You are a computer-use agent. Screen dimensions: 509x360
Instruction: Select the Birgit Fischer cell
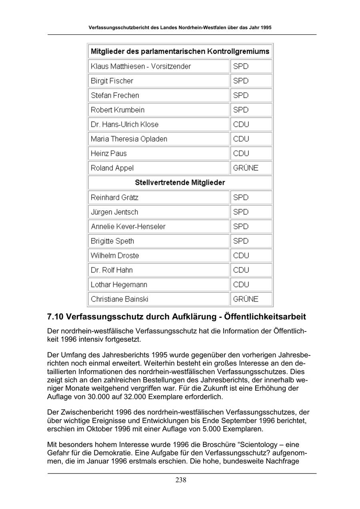(x=112, y=81)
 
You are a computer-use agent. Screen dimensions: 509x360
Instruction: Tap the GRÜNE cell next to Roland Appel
(x=246, y=168)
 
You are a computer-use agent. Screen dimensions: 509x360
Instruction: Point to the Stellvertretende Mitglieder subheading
(x=180, y=183)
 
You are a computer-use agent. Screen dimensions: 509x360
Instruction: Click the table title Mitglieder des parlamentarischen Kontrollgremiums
(x=180, y=52)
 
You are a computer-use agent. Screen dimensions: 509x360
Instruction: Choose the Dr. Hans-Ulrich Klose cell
(x=124, y=124)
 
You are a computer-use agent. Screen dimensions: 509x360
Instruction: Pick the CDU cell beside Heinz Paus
(x=241, y=154)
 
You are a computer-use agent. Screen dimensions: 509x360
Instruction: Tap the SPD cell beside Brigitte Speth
(x=241, y=241)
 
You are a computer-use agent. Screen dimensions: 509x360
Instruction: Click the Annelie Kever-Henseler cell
(x=128, y=227)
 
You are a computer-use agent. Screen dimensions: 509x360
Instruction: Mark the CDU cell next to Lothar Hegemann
(x=241, y=285)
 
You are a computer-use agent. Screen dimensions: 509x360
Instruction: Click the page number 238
(x=181, y=480)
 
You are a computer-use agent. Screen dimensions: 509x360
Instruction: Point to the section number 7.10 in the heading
(x=55, y=317)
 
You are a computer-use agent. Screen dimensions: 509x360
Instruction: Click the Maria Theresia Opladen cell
(x=129, y=139)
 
